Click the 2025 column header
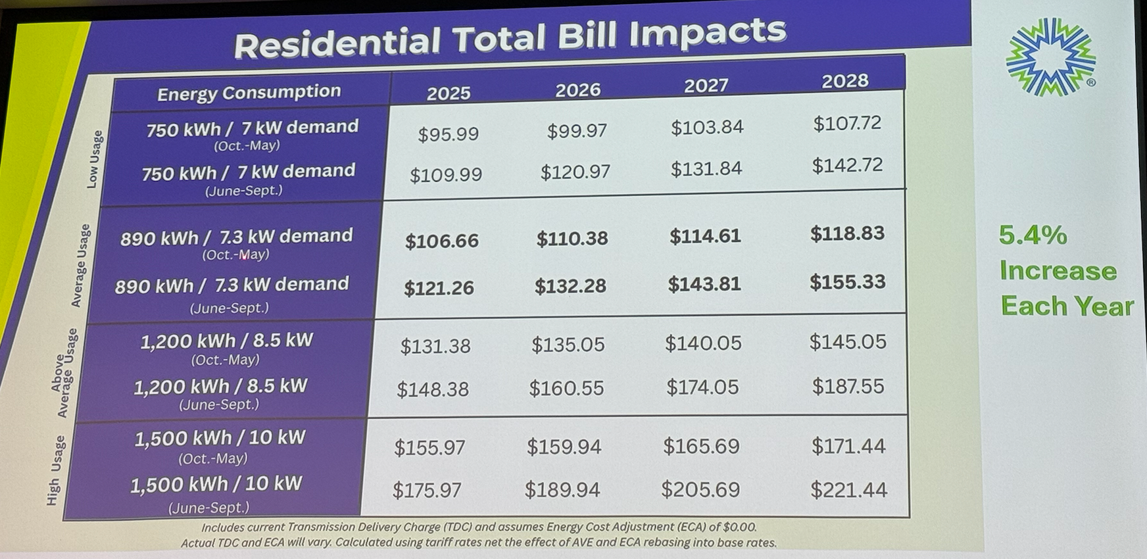click(449, 93)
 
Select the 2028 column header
click(845, 81)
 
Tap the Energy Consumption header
click(249, 93)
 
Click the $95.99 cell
click(449, 134)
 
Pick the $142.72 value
click(847, 164)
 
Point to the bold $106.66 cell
click(442, 241)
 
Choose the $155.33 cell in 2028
click(847, 282)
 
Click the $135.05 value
click(568, 345)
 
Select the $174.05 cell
click(702, 387)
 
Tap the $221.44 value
click(848, 489)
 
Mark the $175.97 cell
click(427, 490)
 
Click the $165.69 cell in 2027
click(701, 446)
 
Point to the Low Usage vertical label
click(95, 158)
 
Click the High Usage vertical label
click(55, 470)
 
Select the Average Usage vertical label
click(80, 265)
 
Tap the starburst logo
click(1050, 57)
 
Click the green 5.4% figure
click(1033, 235)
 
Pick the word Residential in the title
click(337, 43)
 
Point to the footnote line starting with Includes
click(479, 527)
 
